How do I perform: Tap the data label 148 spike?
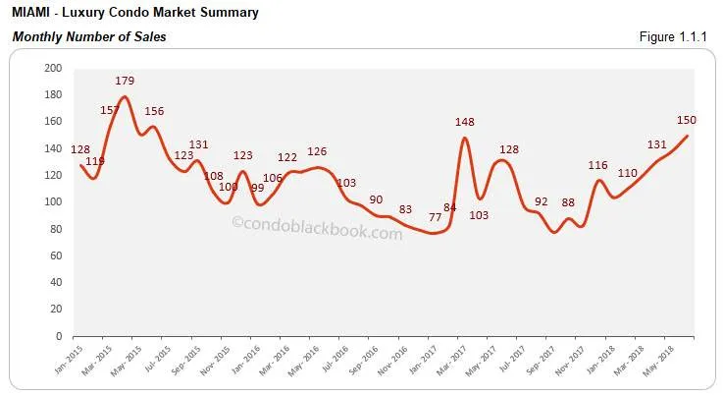tap(464, 123)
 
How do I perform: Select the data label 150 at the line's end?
tap(687, 121)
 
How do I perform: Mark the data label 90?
tap(375, 199)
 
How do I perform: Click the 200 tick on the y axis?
tap(52, 69)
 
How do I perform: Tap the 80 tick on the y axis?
tap(55, 230)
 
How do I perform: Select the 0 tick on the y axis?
tap(59, 337)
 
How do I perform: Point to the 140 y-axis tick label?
tap(52, 149)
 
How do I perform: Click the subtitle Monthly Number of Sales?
tap(88, 37)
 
